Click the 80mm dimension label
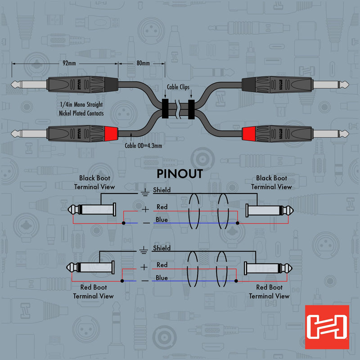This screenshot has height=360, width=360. pos(143,63)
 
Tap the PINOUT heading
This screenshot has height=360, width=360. pos(180,174)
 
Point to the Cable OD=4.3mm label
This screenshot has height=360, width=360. pos(143,145)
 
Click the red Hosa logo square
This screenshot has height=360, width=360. pos(327,327)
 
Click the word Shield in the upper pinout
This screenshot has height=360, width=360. pos(162,190)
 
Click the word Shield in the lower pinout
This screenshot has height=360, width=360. pos(162,248)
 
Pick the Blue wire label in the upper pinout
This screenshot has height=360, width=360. pos(162,220)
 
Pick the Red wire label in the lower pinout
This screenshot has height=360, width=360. pos(162,265)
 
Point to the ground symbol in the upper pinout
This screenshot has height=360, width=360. pos(144,193)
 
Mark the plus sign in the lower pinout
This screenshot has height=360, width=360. pos(144,267)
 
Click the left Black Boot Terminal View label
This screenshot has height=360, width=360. pos(94,182)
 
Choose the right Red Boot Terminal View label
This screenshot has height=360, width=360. pos(269,292)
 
